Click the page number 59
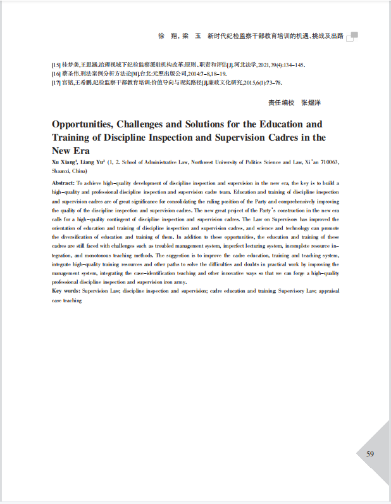click(370, 453)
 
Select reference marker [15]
click(56, 65)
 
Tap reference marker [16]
click(56, 74)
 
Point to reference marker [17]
click(56, 83)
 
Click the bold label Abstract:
click(63, 183)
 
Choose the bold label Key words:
click(66, 290)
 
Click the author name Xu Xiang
click(64, 162)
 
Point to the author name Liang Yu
click(92, 162)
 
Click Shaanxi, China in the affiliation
click(69, 171)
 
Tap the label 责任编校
click(281, 102)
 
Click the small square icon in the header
click(354, 36)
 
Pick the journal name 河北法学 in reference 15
click(243, 65)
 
